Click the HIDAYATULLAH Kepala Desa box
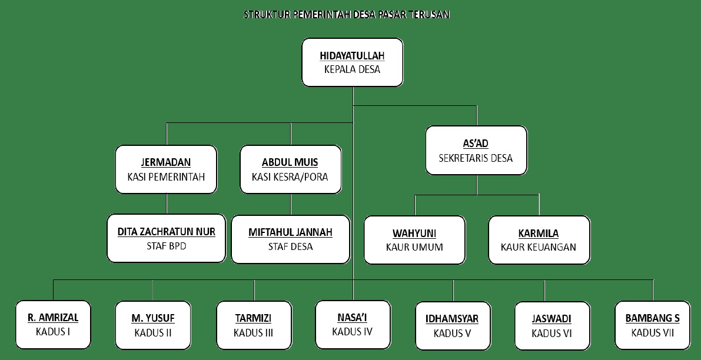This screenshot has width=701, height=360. [352, 62]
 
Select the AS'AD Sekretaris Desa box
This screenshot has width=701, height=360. [476, 150]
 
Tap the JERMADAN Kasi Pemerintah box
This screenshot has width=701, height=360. [166, 169]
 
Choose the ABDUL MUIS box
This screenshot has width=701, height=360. [290, 169]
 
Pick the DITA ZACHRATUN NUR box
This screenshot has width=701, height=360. [166, 238]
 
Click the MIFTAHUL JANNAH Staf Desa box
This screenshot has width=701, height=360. [290, 239]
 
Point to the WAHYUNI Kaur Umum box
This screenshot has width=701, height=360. [414, 239]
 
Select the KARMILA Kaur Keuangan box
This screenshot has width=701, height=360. [539, 239]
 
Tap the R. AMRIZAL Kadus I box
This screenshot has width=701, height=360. [53, 325]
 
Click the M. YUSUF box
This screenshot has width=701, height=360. [152, 326]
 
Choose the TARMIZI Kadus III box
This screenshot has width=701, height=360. [254, 326]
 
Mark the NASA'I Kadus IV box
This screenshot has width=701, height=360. [353, 325]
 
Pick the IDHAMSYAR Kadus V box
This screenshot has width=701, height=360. [452, 326]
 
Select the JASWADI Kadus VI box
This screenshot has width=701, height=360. [552, 326]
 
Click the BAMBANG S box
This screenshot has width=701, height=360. [652, 325]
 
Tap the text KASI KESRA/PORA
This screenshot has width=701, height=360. [290, 176]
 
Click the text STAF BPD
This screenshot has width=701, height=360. [166, 246]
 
